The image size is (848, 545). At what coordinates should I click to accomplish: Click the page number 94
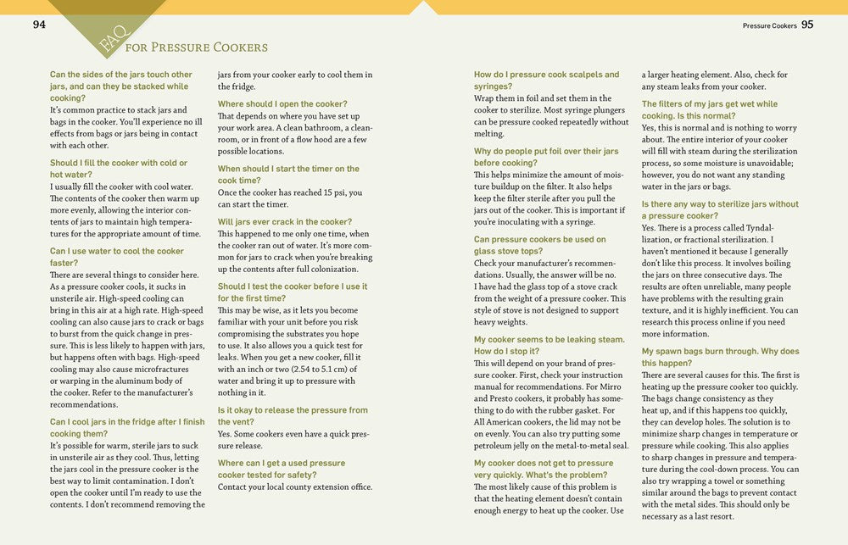click(x=39, y=25)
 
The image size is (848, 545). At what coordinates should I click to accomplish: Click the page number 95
click(x=806, y=25)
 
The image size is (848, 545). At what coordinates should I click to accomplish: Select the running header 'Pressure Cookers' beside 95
click(x=769, y=25)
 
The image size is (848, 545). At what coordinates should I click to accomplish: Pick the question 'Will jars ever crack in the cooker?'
click(x=284, y=221)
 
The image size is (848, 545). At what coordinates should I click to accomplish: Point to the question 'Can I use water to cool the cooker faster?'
click(x=117, y=257)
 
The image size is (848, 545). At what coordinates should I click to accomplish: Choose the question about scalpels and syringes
click(x=546, y=81)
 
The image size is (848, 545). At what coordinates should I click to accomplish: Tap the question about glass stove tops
click(x=539, y=245)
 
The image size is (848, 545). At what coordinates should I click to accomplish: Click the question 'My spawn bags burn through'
click(x=720, y=357)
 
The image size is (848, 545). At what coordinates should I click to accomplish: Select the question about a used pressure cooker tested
click(x=282, y=469)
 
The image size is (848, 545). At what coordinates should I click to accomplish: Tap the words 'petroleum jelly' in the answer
click(x=509, y=445)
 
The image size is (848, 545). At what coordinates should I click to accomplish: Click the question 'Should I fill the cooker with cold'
click(x=119, y=169)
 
